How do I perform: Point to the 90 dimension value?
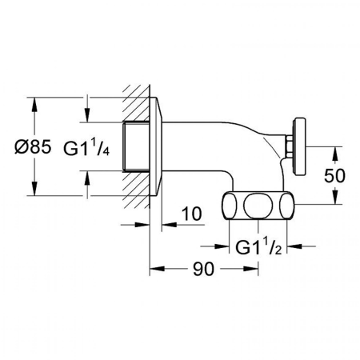coord(205,270)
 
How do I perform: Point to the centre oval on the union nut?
coord(257,205)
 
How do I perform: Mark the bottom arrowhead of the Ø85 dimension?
coord(33,192)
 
